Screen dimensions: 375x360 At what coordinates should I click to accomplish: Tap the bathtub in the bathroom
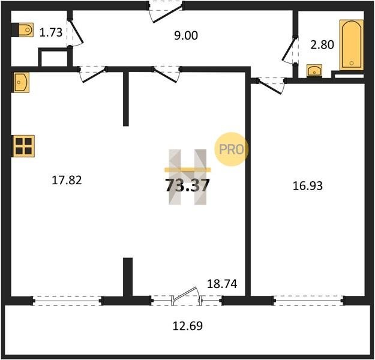pyautogui.click(x=352, y=45)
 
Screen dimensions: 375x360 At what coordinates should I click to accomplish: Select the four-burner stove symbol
pyautogui.click(x=23, y=146)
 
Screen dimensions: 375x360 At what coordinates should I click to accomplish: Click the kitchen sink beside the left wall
pyautogui.click(x=21, y=82)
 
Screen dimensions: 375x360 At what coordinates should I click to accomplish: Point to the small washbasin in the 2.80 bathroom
pyautogui.click(x=314, y=71)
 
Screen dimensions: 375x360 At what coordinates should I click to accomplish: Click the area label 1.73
pyautogui.click(x=51, y=32)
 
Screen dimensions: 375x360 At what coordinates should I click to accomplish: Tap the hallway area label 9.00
pyautogui.click(x=186, y=35)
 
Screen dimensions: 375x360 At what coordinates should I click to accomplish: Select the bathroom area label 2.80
pyautogui.click(x=322, y=45)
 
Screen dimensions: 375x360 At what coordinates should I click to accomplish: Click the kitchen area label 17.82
pyautogui.click(x=67, y=180)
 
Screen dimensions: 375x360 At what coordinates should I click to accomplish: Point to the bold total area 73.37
pyautogui.click(x=187, y=185)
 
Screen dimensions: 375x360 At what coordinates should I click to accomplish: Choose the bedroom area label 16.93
pyautogui.click(x=308, y=186)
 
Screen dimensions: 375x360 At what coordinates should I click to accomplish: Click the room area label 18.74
pyautogui.click(x=222, y=284)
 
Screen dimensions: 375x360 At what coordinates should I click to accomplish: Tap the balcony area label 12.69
pyautogui.click(x=187, y=326)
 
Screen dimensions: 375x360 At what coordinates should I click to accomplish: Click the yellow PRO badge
pyautogui.click(x=231, y=149)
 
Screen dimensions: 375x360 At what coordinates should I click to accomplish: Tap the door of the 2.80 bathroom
pyautogui.click(x=290, y=50)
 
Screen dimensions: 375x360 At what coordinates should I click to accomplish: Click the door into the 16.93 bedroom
pyautogui.click(x=271, y=85)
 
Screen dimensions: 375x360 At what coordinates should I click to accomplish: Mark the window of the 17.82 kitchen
pyautogui.click(x=67, y=301)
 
